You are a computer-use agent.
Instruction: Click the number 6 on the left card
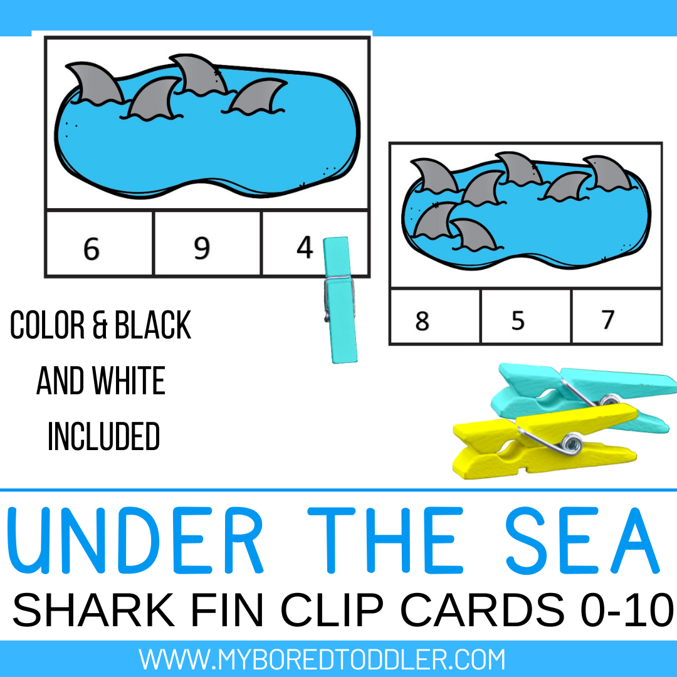coord(92,249)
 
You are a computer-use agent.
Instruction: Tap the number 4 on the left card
coord(305,248)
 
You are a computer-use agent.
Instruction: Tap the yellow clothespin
coord(539,439)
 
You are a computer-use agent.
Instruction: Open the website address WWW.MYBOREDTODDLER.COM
coord(322,659)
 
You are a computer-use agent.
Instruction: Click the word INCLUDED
coord(104,436)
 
